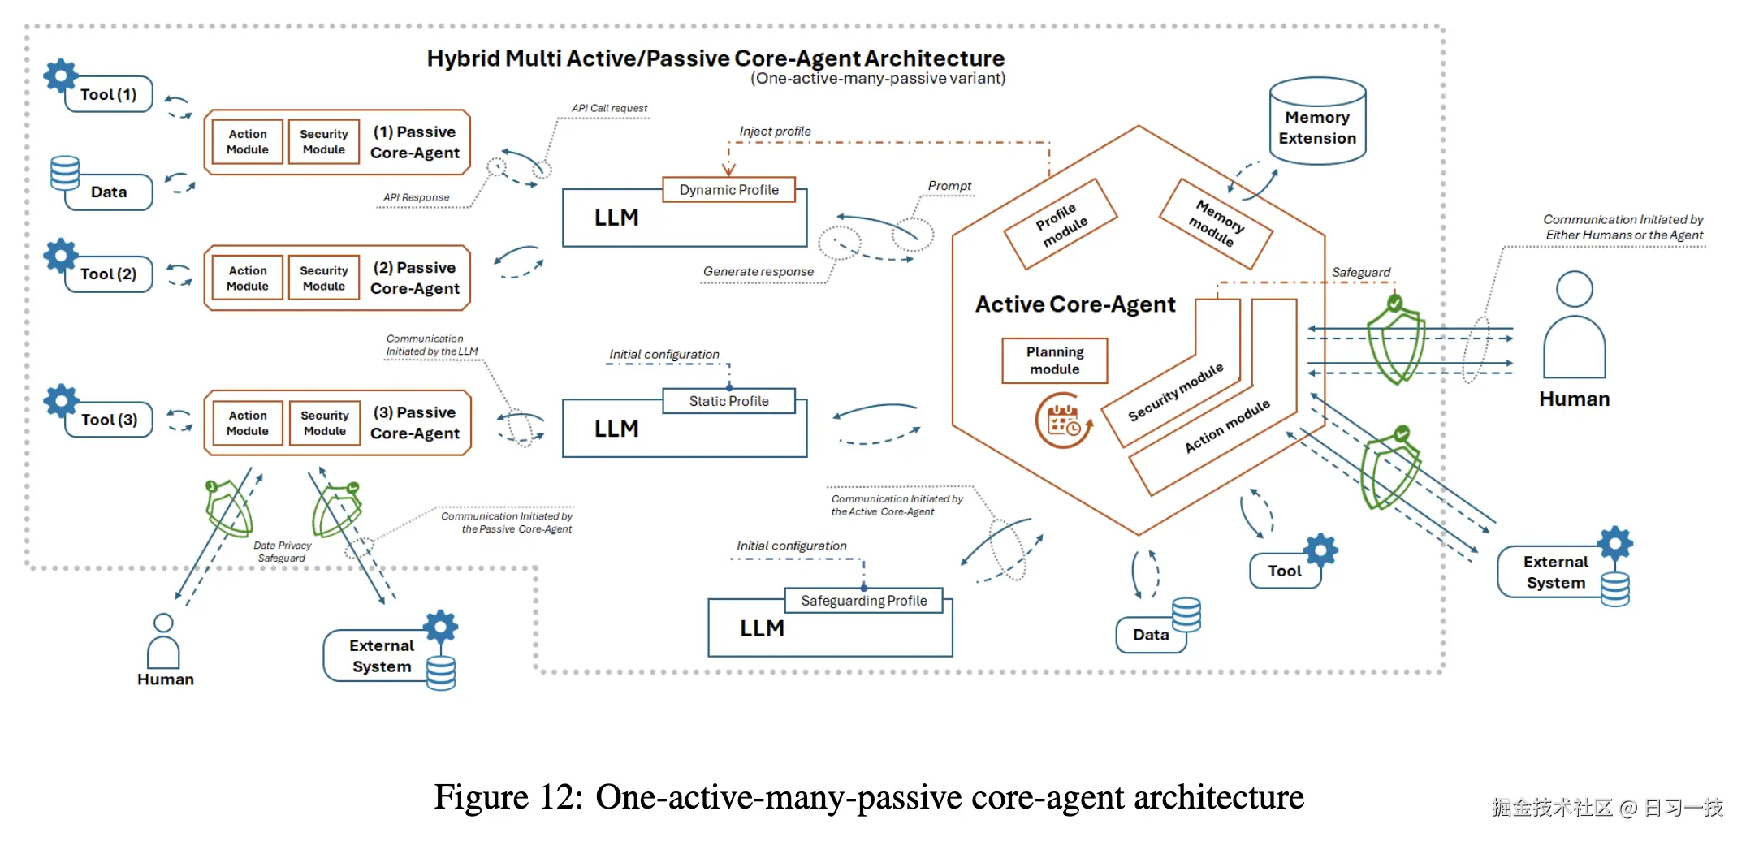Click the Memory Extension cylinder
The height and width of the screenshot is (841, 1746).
[1316, 123]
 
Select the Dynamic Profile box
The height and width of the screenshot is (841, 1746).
[728, 189]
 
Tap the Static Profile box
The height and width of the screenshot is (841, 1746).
[728, 401]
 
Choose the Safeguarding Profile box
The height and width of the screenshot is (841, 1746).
[863, 601]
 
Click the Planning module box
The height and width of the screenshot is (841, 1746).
[1054, 360]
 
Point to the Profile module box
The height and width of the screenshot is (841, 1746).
[1061, 224]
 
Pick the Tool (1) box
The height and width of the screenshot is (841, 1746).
[109, 95]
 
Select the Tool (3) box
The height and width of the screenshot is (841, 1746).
[109, 420]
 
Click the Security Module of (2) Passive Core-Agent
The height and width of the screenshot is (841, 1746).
[323, 278]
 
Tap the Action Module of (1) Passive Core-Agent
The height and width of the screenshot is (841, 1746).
[247, 142]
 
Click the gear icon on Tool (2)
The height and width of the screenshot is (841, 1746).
[61, 255]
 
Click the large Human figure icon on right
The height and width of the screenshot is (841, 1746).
[1573, 325]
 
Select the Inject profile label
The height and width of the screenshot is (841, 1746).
[775, 132]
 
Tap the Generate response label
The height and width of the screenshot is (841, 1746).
[758, 271]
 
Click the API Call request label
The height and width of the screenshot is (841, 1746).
[609, 108]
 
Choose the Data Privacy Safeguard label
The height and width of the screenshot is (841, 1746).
[282, 551]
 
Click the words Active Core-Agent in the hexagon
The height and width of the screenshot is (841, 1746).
[1074, 304]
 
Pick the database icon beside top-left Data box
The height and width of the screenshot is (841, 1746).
[65, 172]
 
